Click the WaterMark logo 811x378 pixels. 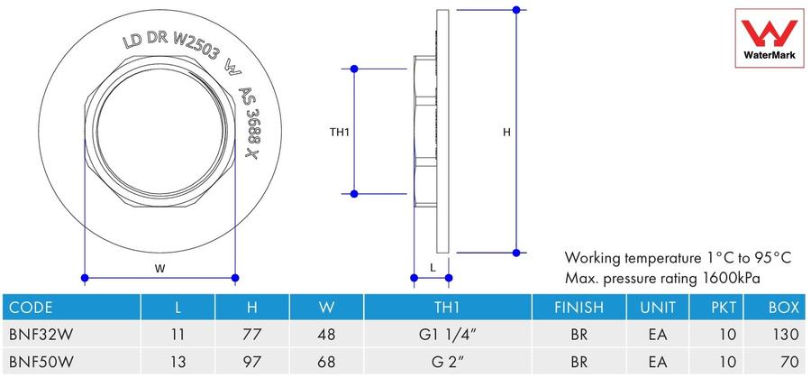[x=770, y=38]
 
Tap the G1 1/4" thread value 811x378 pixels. [x=447, y=335]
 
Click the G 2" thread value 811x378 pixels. [x=447, y=362]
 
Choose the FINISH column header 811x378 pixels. [x=579, y=308]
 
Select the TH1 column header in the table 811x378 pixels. [x=447, y=308]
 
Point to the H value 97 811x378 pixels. [x=252, y=362]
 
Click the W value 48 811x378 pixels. [x=326, y=335]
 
